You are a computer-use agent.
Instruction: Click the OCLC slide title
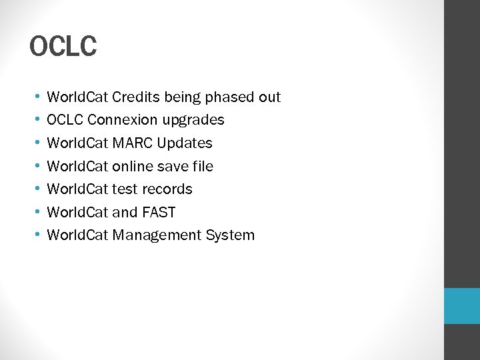[63, 47]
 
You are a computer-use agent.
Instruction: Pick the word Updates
[185, 144]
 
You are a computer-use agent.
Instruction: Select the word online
[133, 166]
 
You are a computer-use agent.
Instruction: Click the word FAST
[159, 213]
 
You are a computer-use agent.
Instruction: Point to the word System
[230, 235]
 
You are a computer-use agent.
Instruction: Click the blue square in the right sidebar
[462, 306]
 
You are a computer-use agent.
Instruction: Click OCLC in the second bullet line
[65, 120]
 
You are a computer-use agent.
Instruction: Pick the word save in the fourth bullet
[172, 166]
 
